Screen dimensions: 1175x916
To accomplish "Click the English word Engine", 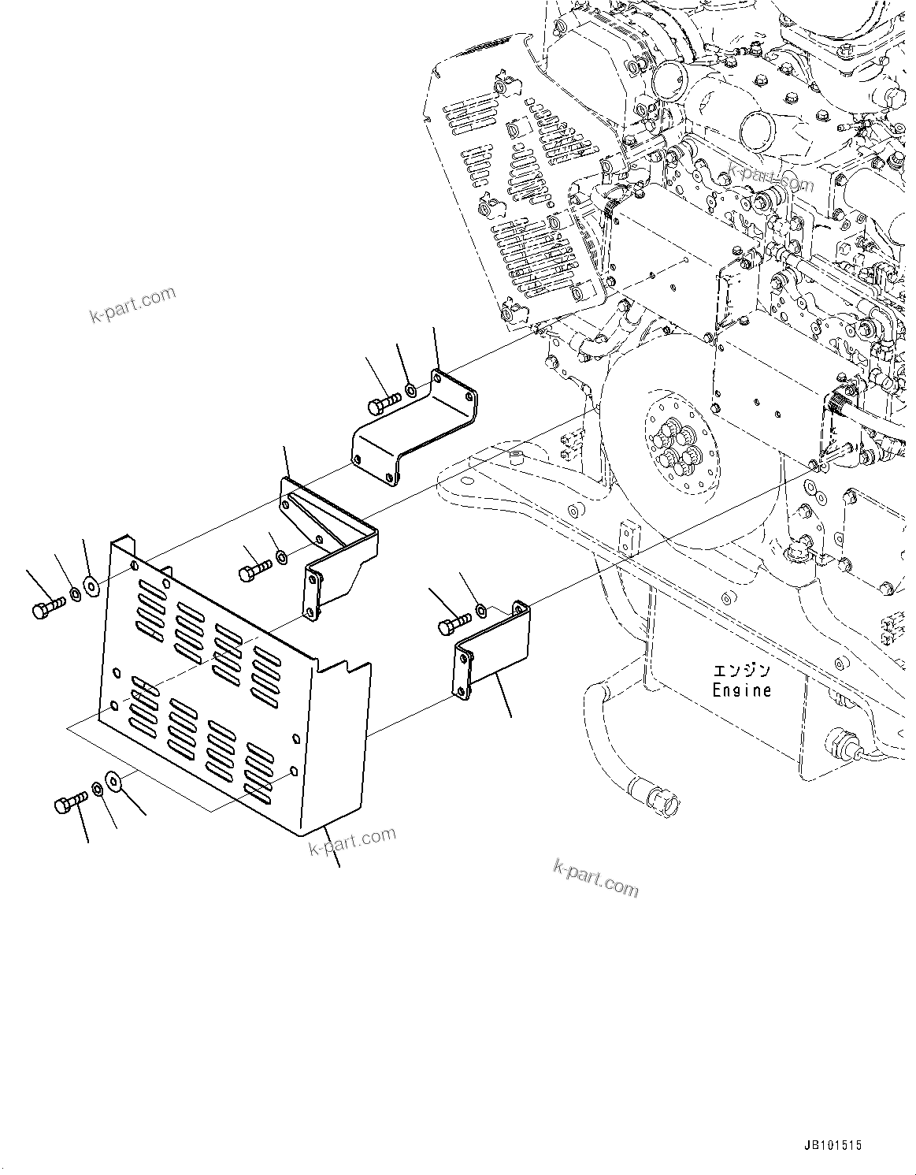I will pyautogui.click(x=741, y=690).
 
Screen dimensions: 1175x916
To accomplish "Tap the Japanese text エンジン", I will pyautogui.click(x=741, y=671).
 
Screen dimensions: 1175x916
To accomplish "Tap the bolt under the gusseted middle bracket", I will pyautogui.click(x=254, y=571).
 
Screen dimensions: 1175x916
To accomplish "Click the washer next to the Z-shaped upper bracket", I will pyautogui.click(x=411, y=390).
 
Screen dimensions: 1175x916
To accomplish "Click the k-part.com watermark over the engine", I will pyautogui.click(x=770, y=177).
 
